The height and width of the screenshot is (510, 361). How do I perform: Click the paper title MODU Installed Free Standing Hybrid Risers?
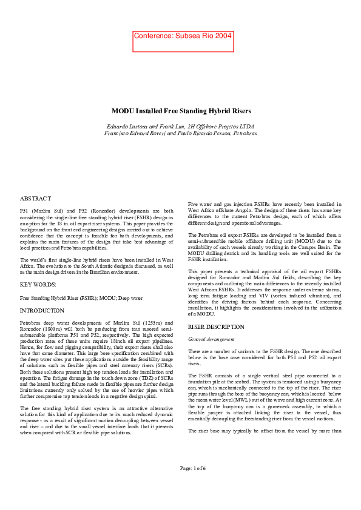click(181, 111)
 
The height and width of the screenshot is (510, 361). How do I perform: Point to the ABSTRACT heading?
click(35, 198)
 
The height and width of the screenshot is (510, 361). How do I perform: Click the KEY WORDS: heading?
click(38, 284)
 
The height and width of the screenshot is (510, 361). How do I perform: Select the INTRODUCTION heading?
click(42, 310)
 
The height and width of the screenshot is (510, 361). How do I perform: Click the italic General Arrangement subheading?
click(212, 340)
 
